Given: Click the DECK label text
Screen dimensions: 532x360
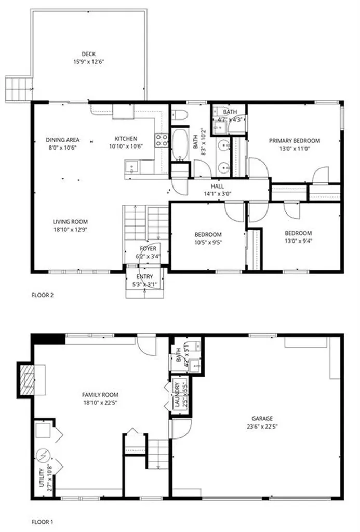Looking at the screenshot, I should coord(88,54).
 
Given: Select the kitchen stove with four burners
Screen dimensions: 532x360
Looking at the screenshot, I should coord(161,139).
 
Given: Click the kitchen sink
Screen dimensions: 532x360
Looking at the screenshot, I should coord(131,167).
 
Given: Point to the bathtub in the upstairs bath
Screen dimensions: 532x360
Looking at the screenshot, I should coord(181,145).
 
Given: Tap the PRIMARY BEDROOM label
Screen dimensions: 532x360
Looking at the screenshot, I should coord(294,140).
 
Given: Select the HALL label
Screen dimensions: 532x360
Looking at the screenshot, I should coord(217,186).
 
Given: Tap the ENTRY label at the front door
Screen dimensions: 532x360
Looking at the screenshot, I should coord(144,276).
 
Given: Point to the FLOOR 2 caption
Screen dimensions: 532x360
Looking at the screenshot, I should coord(43,295).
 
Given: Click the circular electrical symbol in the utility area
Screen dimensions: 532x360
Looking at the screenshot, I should coord(42,456).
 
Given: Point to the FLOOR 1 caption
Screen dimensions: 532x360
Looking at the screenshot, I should coord(43,521).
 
